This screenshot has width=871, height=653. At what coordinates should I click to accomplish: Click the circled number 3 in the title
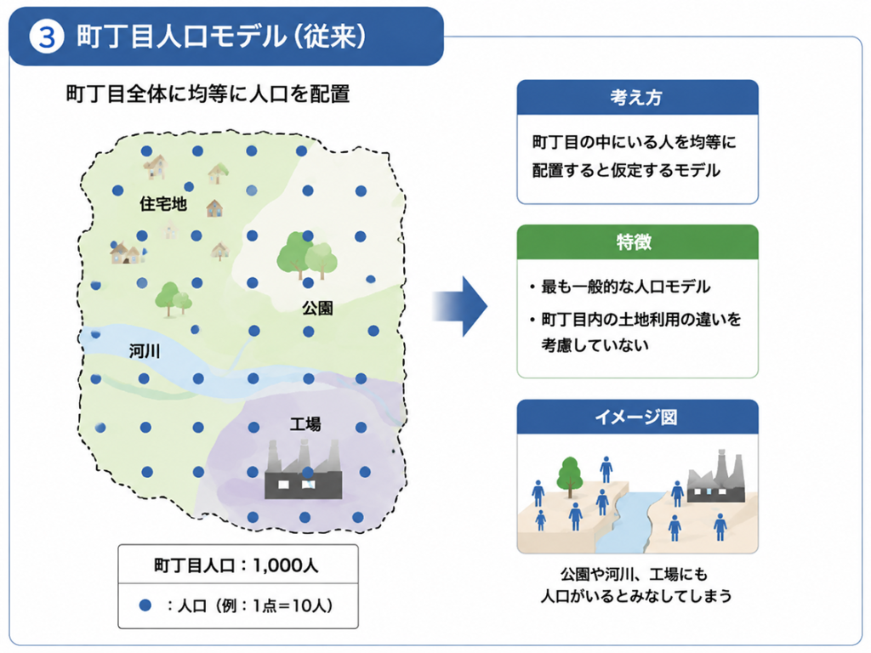click(x=47, y=37)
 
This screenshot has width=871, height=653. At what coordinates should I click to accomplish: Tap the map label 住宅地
click(x=162, y=204)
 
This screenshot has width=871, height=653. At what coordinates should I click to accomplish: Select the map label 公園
click(x=318, y=308)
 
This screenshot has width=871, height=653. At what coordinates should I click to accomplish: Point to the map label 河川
click(x=145, y=351)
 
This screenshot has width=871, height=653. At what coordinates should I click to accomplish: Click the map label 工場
click(x=305, y=424)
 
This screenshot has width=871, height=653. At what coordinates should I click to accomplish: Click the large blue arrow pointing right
click(x=460, y=306)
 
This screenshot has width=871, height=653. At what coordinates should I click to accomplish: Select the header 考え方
click(x=636, y=98)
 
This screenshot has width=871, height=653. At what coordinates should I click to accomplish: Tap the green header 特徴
click(x=634, y=242)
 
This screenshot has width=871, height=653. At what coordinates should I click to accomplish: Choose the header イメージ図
click(x=636, y=417)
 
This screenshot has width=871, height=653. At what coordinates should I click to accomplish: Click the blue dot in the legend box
click(x=145, y=605)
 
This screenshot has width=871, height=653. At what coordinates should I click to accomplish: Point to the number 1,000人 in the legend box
click(x=286, y=565)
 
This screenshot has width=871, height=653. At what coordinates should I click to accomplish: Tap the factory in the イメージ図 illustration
click(x=716, y=476)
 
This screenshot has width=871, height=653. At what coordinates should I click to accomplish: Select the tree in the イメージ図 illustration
click(x=569, y=476)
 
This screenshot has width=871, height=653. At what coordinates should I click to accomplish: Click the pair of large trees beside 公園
click(x=306, y=255)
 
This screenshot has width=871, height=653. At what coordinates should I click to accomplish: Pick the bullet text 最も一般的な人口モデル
click(x=625, y=287)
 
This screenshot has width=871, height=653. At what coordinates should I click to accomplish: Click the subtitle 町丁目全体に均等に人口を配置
click(x=208, y=94)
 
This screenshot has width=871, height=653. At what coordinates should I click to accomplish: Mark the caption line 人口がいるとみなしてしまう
click(x=636, y=596)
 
